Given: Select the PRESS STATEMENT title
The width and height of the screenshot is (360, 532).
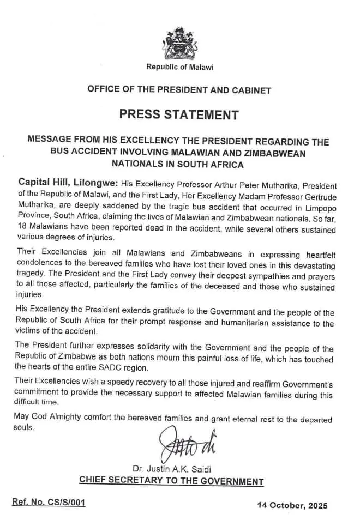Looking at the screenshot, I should coord(179,115).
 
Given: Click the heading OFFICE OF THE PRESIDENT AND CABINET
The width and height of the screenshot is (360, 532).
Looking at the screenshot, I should coord(179,90).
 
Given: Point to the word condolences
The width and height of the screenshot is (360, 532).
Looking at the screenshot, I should coord(38,263).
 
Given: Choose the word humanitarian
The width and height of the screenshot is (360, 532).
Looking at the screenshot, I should coord(225,324).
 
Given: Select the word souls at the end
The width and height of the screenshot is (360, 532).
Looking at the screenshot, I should coord(25,428).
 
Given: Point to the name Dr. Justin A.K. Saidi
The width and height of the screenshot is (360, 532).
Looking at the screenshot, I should coord(171,468).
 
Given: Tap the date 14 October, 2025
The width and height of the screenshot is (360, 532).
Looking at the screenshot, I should coord(292,505).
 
